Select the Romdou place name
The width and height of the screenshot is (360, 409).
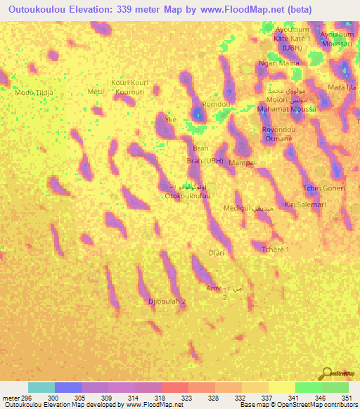(216, 104)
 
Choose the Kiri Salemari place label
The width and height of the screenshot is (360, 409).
(305, 204)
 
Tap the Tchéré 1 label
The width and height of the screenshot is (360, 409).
(275, 249)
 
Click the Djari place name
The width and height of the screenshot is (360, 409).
(217, 252)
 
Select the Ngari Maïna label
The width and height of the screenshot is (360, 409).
(278, 63)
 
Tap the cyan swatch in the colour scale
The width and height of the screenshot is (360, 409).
(41, 387)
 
